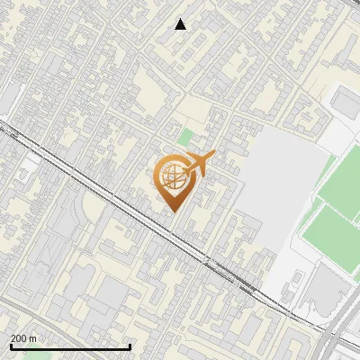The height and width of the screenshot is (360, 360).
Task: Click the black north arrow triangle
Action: pos(181,24)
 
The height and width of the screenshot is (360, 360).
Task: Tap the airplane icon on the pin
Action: pos(200,164)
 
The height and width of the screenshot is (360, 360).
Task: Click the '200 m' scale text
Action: pos(23,337)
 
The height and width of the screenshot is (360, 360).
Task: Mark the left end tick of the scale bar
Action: pos(11,346)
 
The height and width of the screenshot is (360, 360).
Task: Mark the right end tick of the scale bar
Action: pos(130,346)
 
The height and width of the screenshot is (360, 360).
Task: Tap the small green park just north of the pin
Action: pos(185,138)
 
